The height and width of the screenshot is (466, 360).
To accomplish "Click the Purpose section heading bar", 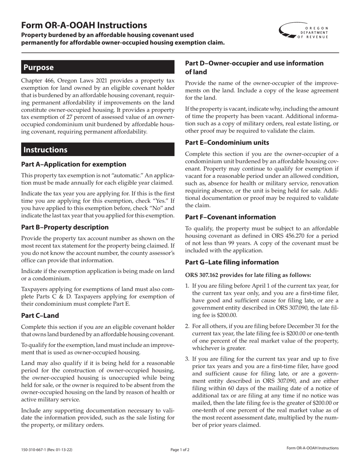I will pos(97,67).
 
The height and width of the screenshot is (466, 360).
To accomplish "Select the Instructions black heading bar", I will pos(97,150).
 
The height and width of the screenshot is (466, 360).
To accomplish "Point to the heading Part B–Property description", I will pos(65,227).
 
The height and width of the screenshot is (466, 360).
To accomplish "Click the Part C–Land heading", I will pos(40,315).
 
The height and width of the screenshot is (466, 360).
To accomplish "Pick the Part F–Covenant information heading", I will pos(230,217).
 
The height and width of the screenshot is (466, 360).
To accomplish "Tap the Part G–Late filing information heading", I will pos(232,262).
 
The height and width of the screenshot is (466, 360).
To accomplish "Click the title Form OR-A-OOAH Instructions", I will pos(84,25).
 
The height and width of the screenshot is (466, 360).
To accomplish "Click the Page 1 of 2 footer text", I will pos(180,450).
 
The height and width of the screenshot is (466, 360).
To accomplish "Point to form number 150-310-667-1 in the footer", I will pos(36,450).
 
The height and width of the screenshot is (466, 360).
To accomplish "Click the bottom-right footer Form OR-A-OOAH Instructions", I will pos(313,448).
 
